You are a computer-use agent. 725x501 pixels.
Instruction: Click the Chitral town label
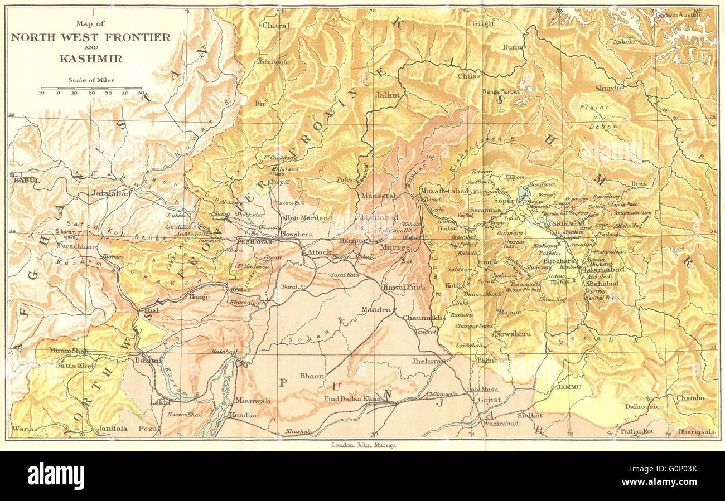coord(275,26)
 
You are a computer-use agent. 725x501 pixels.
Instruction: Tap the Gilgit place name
coord(483,23)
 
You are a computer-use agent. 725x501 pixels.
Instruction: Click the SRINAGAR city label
coord(567,223)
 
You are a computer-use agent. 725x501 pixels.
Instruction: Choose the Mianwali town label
coord(252,400)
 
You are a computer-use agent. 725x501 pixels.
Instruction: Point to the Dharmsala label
coord(696,431)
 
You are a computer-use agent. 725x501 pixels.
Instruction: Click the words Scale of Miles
coord(91,80)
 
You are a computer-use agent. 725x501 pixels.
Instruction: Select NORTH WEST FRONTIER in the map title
coord(91,37)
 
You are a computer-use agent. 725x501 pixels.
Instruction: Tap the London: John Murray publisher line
coord(364,445)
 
